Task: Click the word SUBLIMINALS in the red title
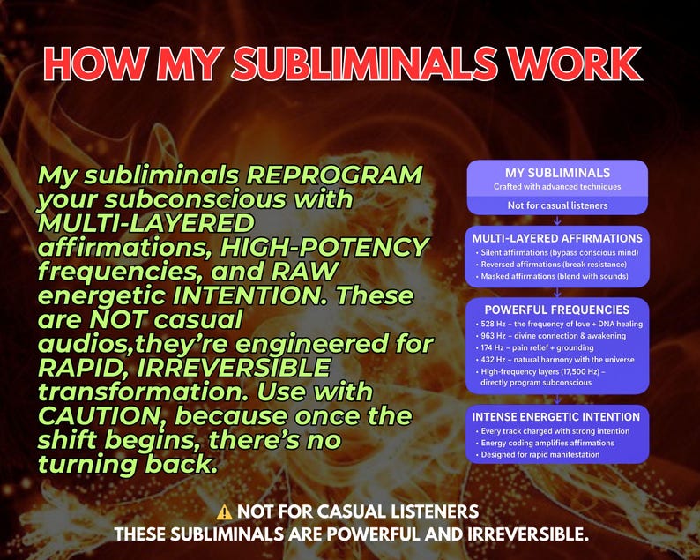tap(364, 63)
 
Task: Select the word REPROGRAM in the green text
tap(334, 175)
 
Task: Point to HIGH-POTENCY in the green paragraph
tap(324, 247)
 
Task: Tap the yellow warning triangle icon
tap(224, 511)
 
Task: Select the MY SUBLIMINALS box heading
tap(557, 173)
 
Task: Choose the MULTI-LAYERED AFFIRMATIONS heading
tap(557, 238)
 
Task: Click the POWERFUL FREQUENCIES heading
tap(557, 310)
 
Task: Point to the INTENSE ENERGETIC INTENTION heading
tap(556, 416)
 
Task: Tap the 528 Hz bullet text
tap(562, 324)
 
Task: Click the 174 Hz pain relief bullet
tap(537, 347)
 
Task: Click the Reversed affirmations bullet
tap(554, 265)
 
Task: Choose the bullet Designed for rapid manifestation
tap(540, 454)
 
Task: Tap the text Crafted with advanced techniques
tap(557, 187)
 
